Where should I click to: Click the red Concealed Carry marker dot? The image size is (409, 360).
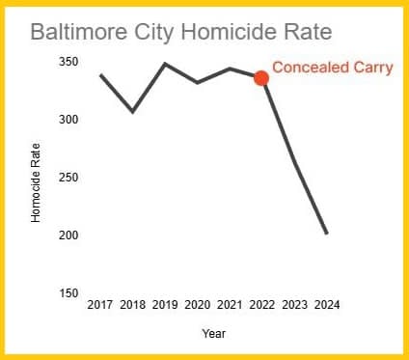click(x=260, y=78)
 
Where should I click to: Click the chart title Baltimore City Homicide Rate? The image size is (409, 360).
click(x=181, y=32)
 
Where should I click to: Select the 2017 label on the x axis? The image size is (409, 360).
click(x=100, y=305)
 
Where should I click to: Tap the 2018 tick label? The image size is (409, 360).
click(x=133, y=305)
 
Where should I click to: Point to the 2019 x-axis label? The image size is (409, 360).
click(x=165, y=305)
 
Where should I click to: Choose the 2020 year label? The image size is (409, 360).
click(x=198, y=305)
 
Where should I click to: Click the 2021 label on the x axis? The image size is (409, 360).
click(x=230, y=305)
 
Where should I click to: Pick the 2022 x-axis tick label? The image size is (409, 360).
click(x=261, y=305)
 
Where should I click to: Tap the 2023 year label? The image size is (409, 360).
click(x=294, y=305)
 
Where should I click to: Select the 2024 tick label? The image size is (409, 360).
click(x=326, y=305)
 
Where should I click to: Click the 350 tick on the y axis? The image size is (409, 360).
click(x=68, y=61)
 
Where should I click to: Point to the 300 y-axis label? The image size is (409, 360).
click(x=68, y=119)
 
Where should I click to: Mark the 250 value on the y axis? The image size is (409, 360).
click(x=68, y=178)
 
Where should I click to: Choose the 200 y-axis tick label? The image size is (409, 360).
click(x=68, y=235)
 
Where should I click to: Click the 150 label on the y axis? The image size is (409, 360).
click(x=68, y=293)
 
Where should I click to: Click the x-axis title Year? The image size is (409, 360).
click(x=214, y=333)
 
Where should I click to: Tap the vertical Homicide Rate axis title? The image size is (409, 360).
click(x=36, y=182)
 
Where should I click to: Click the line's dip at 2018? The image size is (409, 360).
click(x=133, y=112)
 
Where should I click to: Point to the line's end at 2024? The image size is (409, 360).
click(x=327, y=233)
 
